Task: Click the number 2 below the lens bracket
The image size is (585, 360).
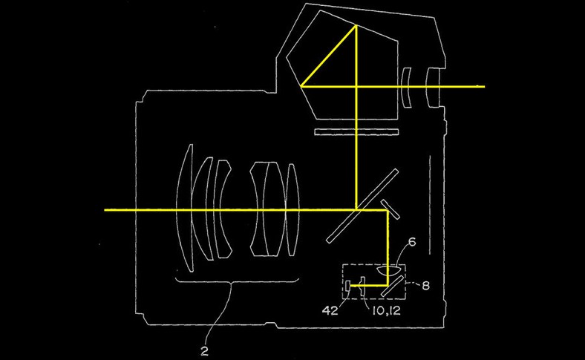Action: [204, 351]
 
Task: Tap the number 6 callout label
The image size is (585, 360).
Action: [412, 243]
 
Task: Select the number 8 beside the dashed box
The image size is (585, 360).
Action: [425, 286]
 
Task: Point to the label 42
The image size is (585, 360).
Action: [330, 310]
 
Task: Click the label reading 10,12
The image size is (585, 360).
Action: [386, 310]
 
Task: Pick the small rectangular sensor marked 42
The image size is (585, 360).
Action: [347, 286]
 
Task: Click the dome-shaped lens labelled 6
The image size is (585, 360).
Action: [390, 269]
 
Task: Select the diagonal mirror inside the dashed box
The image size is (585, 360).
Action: [392, 286]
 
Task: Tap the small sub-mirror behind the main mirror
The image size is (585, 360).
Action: [390, 209]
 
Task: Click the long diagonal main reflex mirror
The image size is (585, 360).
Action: [362, 206]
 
